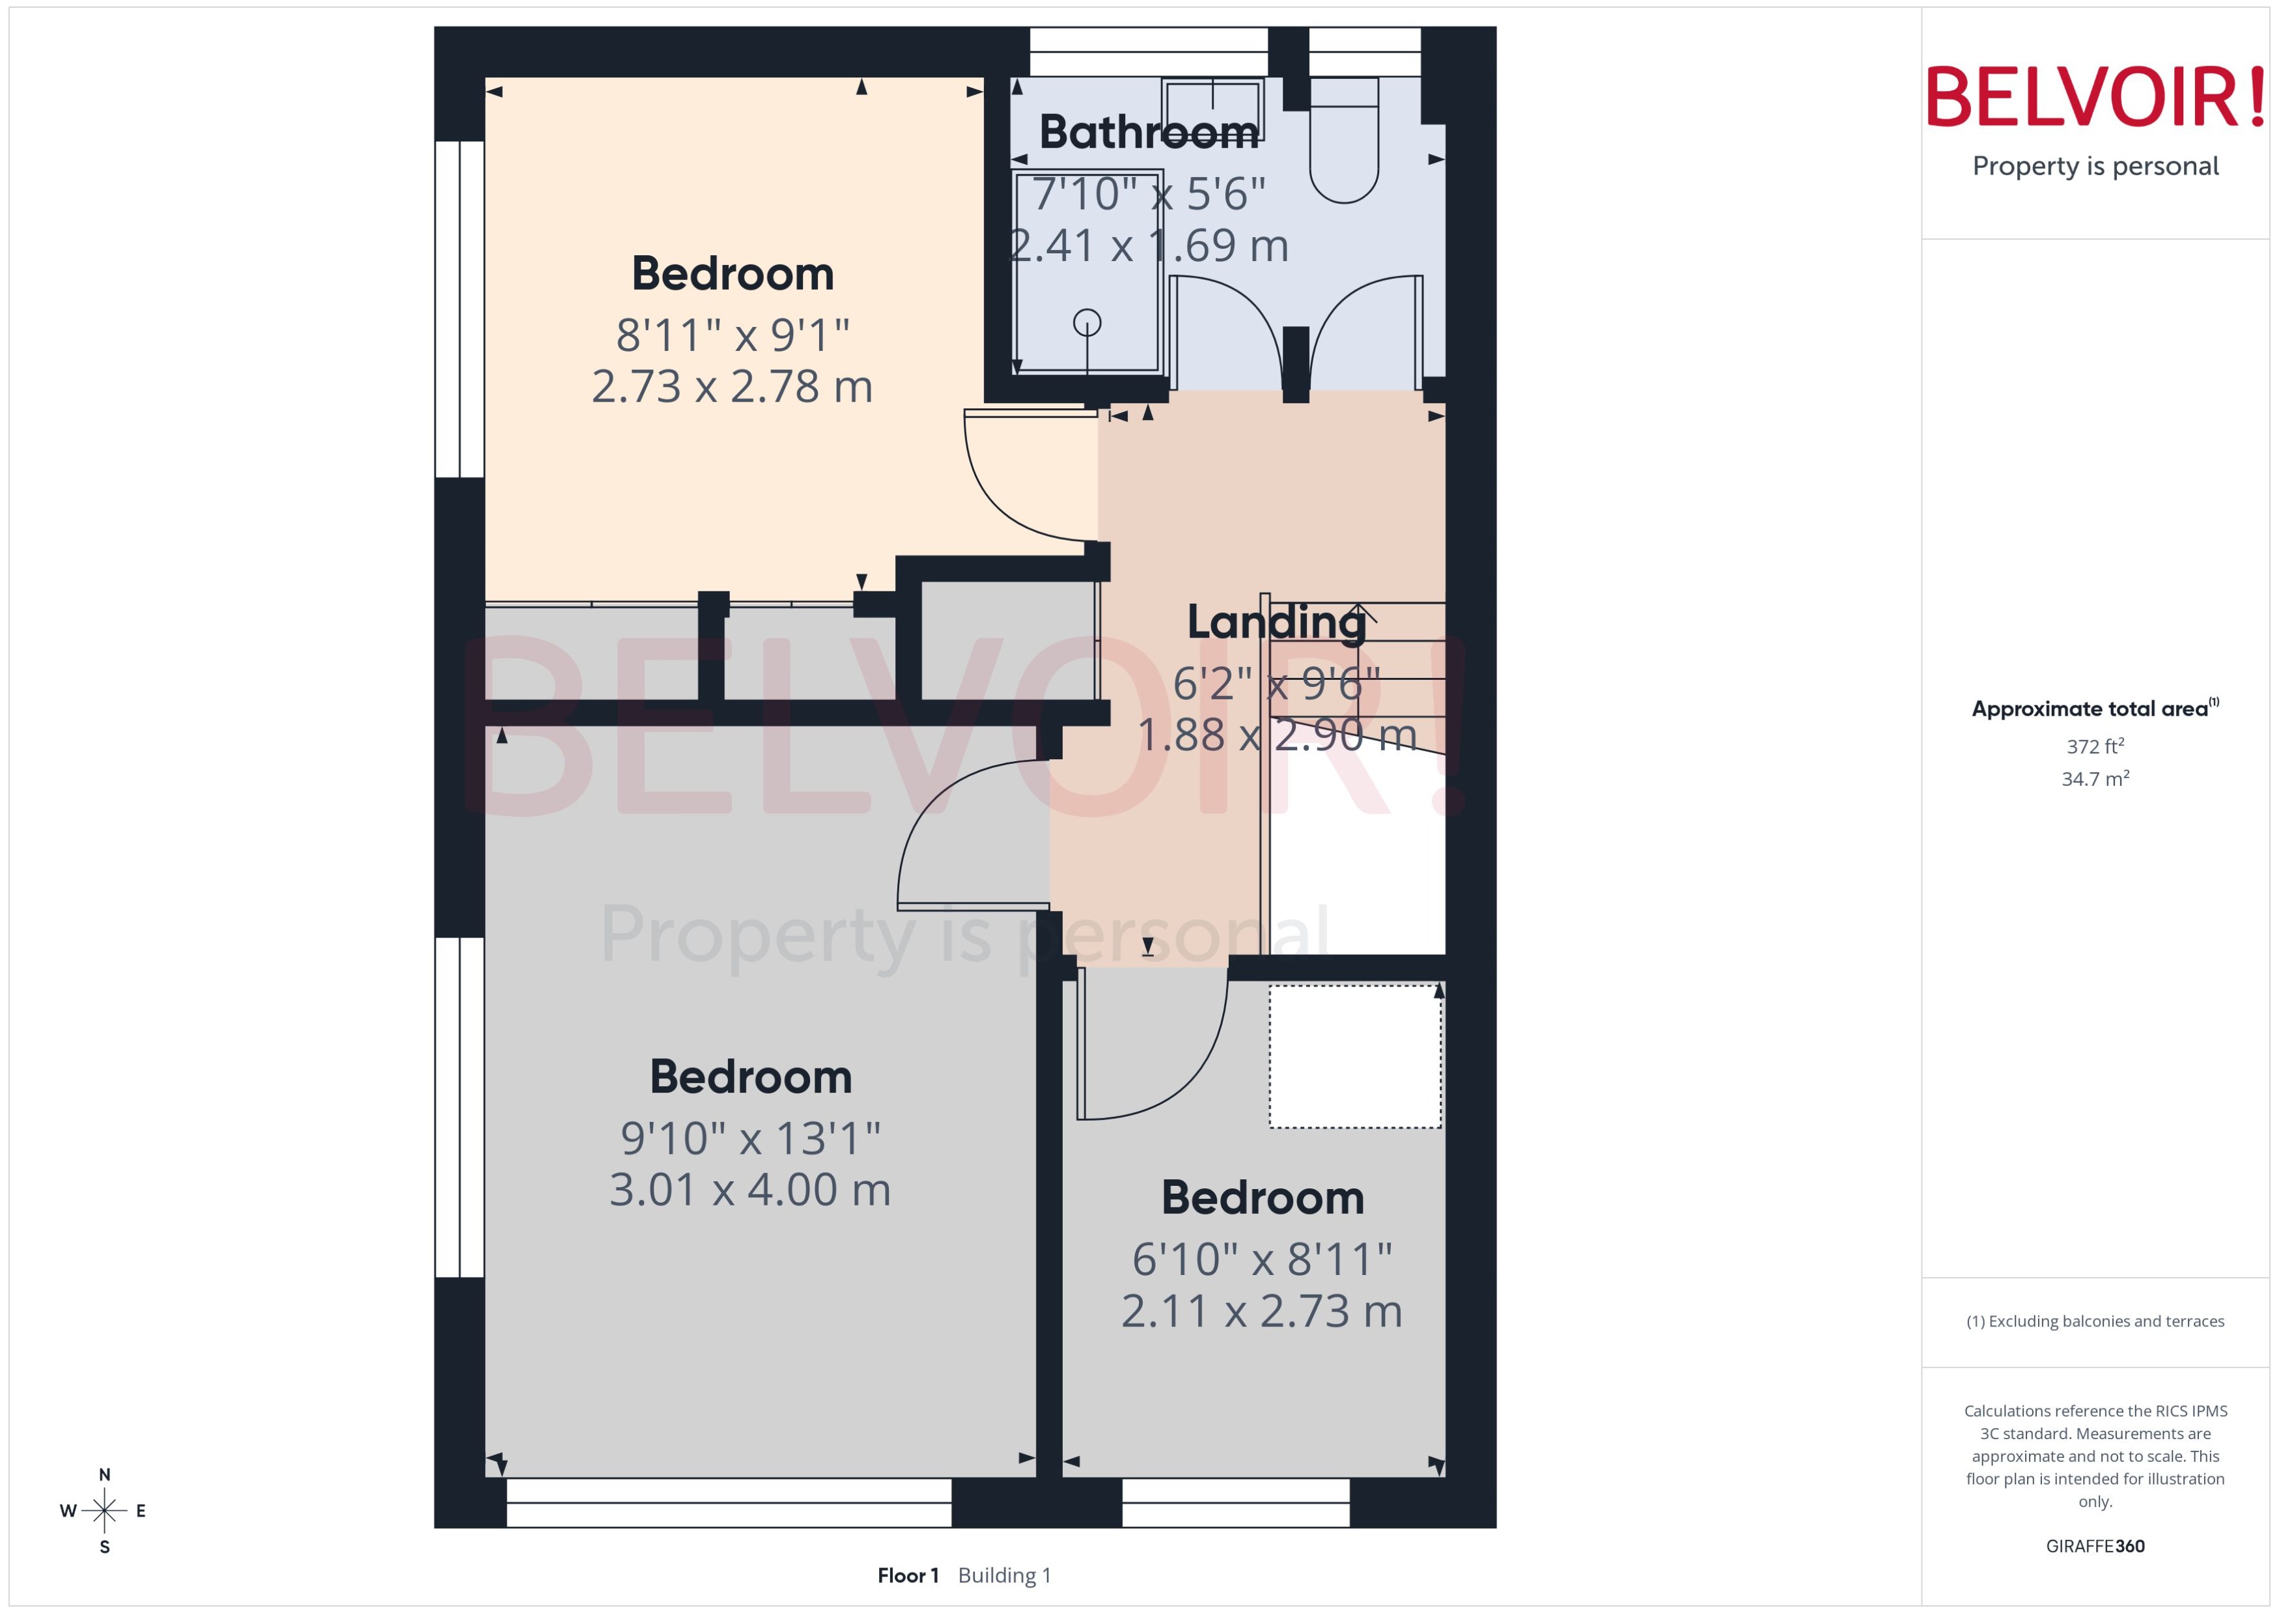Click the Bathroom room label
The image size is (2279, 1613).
1148,132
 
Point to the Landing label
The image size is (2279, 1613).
1277,623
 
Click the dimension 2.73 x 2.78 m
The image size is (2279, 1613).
732,386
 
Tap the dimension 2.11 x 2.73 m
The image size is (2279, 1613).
1261,1311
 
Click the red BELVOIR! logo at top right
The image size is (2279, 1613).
2095,97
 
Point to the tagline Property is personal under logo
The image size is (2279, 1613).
2095,166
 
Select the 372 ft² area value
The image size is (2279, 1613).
2095,746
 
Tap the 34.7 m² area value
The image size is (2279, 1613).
2095,779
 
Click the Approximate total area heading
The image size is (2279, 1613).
2090,709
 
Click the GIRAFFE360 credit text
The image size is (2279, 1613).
2095,1547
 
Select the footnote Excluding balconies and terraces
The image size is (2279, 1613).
2095,1322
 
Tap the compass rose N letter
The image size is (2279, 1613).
104,1475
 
